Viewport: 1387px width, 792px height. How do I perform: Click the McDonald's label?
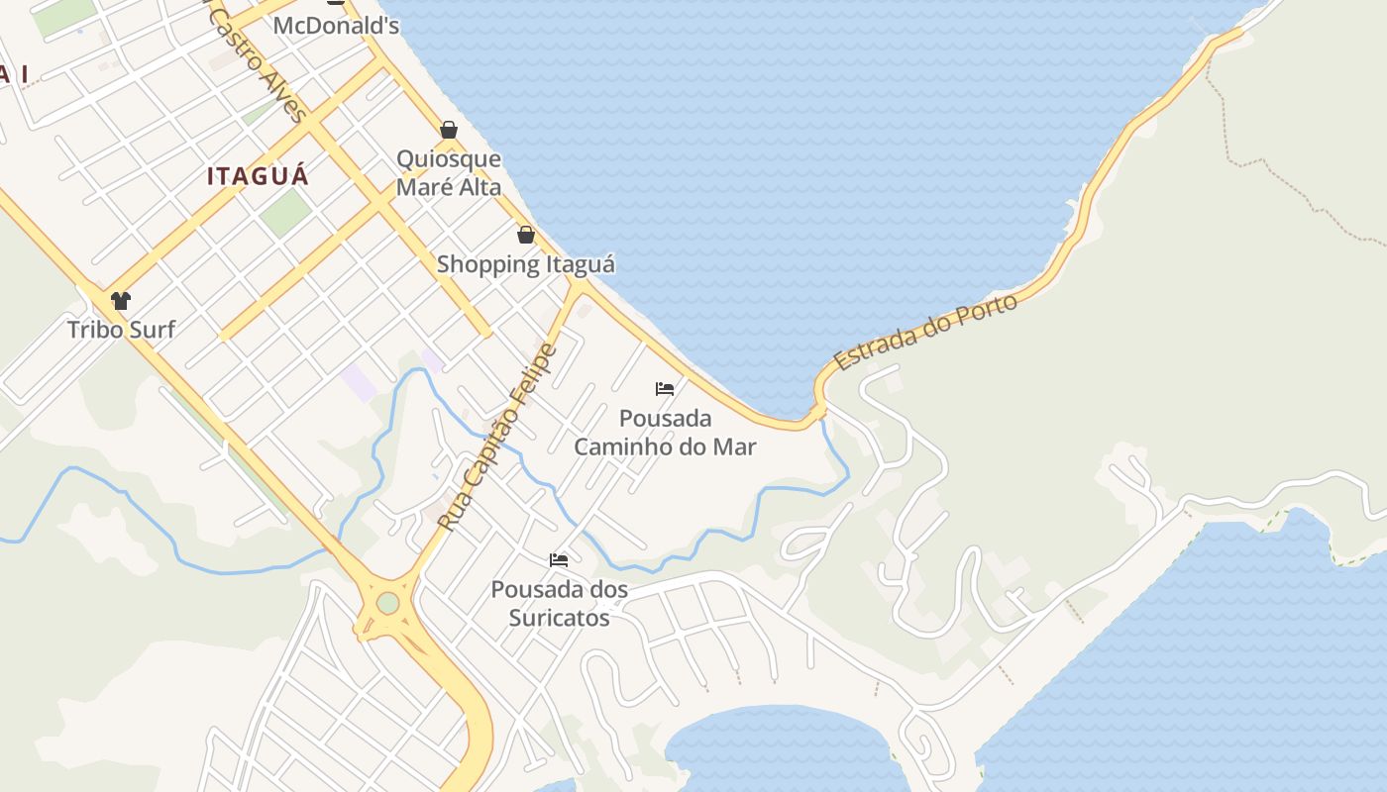tap(336, 25)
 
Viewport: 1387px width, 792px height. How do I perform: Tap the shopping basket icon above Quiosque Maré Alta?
tap(449, 130)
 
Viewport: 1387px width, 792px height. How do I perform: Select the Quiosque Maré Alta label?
tap(449, 173)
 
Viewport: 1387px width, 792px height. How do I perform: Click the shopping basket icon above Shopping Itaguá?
tap(526, 235)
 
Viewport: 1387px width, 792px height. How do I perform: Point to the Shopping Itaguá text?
tap(526, 264)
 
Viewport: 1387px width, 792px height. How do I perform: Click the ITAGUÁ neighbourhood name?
tap(258, 177)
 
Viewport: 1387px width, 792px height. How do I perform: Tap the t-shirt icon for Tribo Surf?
tap(121, 301)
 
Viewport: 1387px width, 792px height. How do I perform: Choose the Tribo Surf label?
tap(121, 330)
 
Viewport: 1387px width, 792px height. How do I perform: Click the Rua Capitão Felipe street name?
tap(497, 437)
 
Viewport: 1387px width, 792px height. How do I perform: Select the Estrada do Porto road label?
tap(925, 332)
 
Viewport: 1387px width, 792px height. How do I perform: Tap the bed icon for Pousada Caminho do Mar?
tap(665, 389)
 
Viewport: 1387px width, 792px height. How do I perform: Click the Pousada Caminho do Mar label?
tap(665, 433)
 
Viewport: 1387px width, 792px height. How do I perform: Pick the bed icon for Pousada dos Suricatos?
tap(559, 560)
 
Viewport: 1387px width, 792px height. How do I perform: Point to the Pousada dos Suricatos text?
tap(560, 604)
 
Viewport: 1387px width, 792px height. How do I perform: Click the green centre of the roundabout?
tap(388, 603)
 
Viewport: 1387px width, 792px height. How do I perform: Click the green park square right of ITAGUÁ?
tap(286, 212)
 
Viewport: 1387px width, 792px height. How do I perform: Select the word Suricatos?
tap(560, 618)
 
